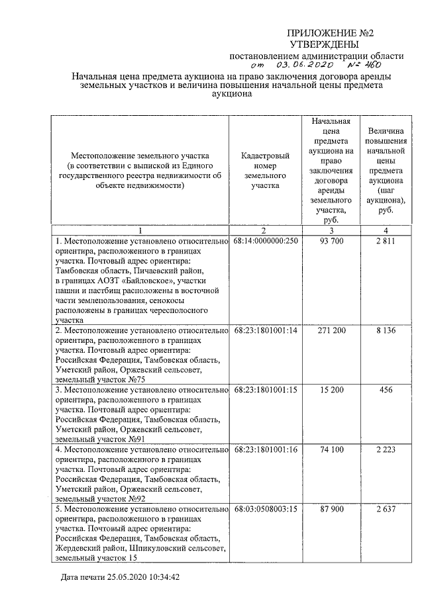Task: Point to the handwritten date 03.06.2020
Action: coord(305,66)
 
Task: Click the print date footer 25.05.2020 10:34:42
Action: coord(120,577)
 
